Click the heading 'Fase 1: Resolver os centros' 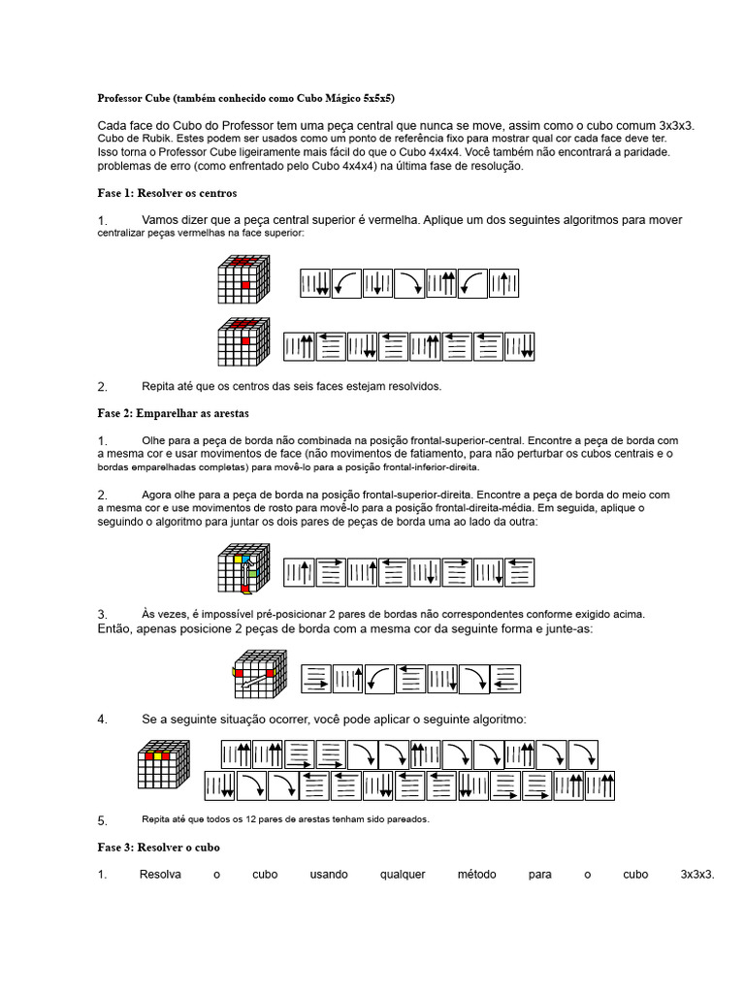[x=167, y=194]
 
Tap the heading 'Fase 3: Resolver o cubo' [x=159, y=847]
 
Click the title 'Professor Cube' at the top [x=132, y=98]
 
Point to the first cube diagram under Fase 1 [x=243, y=280]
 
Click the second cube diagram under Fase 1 [x=243, y=342]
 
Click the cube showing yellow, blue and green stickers [x=243, y=569]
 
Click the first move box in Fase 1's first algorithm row [x=314, y=284]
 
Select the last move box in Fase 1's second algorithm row [x=520, y=347]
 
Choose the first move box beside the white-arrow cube [x=315, y=679]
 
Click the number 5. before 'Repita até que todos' [x=103, y=820]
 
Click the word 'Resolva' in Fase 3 [x=160, y=874]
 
